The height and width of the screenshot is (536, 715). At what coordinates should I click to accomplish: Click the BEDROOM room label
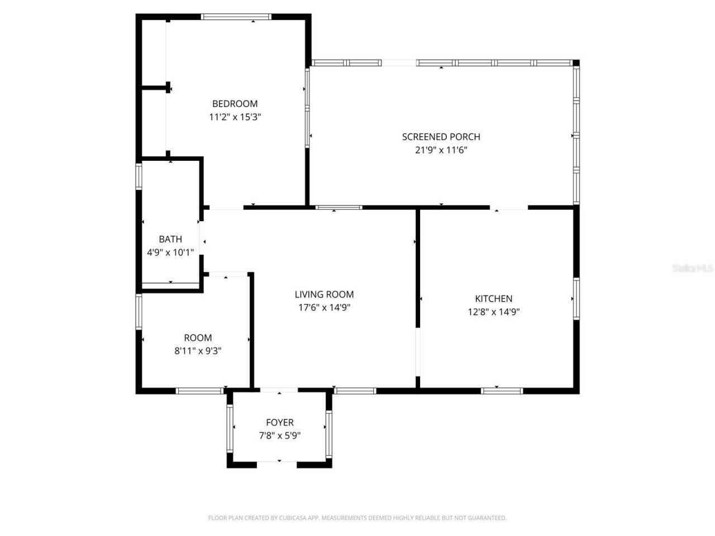(x=235, y=104)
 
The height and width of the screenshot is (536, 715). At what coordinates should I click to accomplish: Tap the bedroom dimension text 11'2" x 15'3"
(x=235, y=117)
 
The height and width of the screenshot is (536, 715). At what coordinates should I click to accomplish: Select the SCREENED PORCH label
(x=441, y=137)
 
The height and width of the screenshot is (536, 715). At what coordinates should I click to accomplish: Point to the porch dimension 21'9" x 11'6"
(x=441, y=150)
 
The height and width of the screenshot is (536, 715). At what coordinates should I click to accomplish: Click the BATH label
(x=170, y=240)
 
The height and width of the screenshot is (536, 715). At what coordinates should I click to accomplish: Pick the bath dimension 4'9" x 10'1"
(x=170, y=252)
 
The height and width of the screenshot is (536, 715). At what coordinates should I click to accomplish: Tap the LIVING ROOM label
(x=324, y=294)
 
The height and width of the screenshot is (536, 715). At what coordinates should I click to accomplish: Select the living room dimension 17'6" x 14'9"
(x=324, y=308)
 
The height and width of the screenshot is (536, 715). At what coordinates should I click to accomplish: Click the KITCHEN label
(x=493, y=299)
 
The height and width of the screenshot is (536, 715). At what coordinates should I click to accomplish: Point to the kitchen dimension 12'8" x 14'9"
(x=494, y=312)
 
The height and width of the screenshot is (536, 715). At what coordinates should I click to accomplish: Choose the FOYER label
(x=279, y=423)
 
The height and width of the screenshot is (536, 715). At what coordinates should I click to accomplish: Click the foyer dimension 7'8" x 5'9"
(x=279, y=436)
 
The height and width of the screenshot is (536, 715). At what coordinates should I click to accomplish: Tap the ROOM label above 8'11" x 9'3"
(x=198, y=338)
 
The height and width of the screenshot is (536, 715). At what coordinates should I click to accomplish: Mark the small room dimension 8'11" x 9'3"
(x=198, y=351)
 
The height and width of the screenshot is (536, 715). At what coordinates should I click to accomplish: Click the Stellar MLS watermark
(x=693, y=269)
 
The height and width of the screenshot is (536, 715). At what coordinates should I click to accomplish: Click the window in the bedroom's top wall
(x=236, y=17)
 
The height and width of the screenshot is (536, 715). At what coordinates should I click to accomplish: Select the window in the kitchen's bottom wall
(x=502, y=390)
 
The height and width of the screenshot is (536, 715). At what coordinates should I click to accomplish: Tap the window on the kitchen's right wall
(x=576, y=299)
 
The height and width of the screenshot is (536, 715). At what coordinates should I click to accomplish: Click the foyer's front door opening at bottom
(x=277, y=463)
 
